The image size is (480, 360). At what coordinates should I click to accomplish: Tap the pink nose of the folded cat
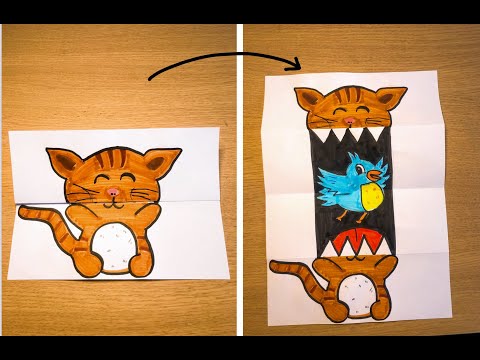[x=114, y=189]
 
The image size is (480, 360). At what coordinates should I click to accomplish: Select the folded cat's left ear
[x=63, y=161]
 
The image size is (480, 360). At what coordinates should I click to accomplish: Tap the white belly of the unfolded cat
[x=358, y=297]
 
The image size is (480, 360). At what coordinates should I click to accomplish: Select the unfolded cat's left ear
[x=306, y=97]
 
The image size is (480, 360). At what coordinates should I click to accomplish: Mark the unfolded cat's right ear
[x=398, y=97]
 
